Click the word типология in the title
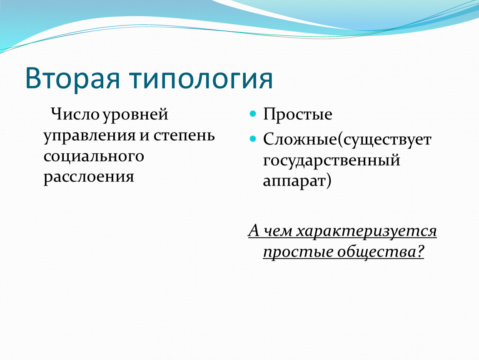point(201,79)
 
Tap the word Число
point(75,114)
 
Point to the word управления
point(90,136)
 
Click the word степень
point(184,136)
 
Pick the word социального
point(94,156)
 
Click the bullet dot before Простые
point(253,114)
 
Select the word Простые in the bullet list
point(297,114)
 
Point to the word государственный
point(332,160)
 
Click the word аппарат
point(294,181)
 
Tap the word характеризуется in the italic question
point(367,231)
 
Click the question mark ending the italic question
point(420,251)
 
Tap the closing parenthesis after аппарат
point(329,180)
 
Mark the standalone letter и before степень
point(145,136)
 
